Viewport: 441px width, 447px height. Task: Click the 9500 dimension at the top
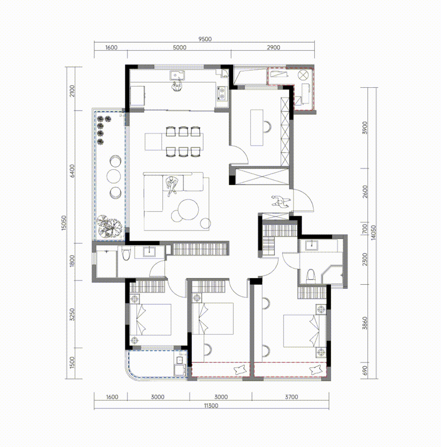point(205,39)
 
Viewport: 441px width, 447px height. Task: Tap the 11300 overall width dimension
point(211,406)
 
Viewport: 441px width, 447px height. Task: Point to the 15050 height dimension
point(64,223)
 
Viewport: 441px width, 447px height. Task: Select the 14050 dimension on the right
point(374,233)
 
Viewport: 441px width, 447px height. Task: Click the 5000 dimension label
point(179,48)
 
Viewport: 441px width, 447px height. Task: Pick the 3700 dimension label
point(292,397)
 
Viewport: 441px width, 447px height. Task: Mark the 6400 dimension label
point(72,171)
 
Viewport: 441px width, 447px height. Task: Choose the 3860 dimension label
point(365,323)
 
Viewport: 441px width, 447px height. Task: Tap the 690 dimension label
point(365,370)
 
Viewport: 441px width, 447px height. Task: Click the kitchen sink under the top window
point(177,75)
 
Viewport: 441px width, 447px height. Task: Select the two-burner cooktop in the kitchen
point(221,93)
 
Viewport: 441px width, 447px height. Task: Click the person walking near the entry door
point(280,202)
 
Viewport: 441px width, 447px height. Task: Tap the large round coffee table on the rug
point(189,209)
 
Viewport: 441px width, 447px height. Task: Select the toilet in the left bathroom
point(126,254)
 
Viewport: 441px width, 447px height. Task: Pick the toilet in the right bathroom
point(310,276)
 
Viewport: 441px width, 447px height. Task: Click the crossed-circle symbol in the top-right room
point(303,75)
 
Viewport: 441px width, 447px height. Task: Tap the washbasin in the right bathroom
point(311,246)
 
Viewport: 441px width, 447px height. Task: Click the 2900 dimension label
point(273,48)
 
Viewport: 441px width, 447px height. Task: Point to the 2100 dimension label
point(72,91)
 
